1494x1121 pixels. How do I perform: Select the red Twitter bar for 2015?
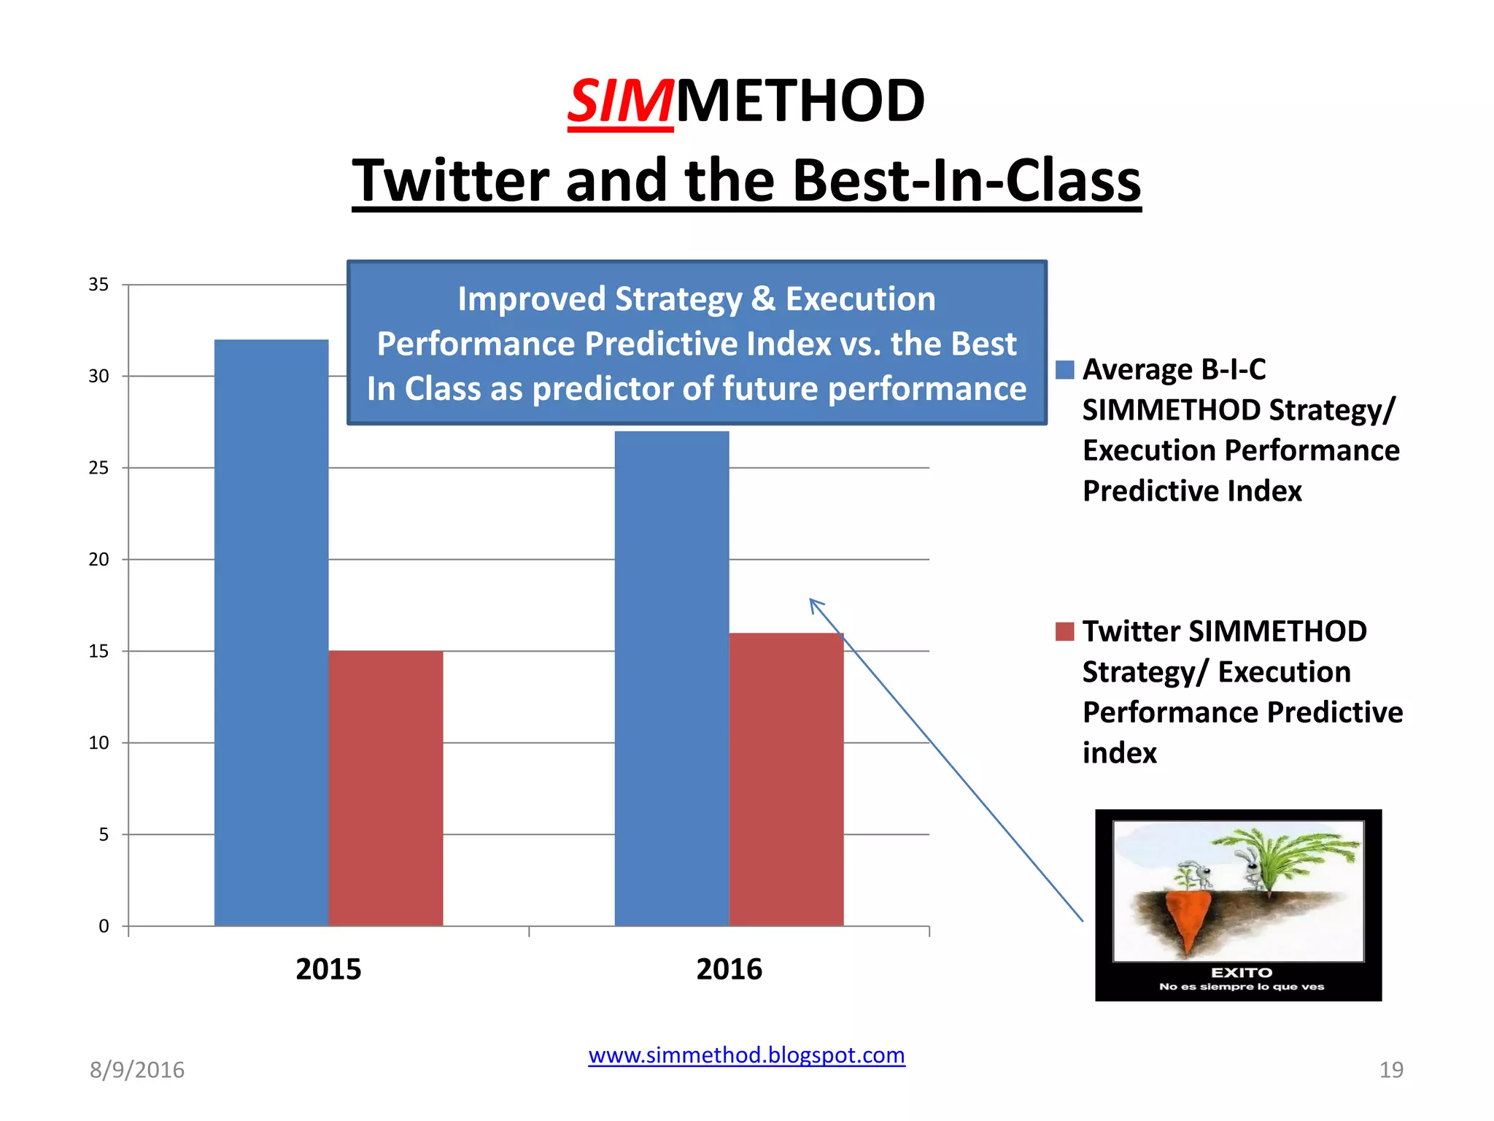pyautogui.click(x=385, y=788)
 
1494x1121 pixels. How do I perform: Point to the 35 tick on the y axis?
pyautogui.click(x=98, y=285)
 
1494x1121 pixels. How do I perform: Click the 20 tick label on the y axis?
pyautogui.click(x=98, y=560)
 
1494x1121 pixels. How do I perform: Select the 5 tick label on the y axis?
pyautogui.click(x=104, y=835)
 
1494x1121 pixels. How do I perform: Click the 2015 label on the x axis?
pyautogui.click(x=328, y=969)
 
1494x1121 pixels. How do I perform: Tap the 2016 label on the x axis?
pyautogui.click(x=729, y=969)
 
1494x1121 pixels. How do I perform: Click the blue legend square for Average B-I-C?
pyautogui.click(x=1064, y=370)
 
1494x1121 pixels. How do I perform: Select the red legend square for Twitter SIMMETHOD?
pyautogui.click(x=1064, y=631)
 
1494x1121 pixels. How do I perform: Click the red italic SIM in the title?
pyautogui.click(x=620, y=101)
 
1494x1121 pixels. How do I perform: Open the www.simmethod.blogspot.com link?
pyautogui.click(x=746, y=1055)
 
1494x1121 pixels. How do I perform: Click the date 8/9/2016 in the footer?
pyautogui.click(x=137, y=1070)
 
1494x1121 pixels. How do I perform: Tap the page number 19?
pyautogui.click(x=1390, y=1070)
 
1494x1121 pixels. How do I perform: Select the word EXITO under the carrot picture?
pyautogui.click(x=1241, y=973)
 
